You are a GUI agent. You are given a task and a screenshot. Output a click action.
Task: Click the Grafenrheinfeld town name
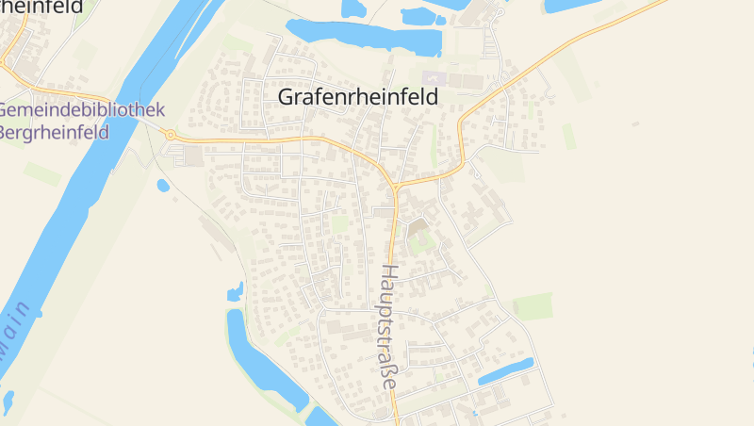[x=358, y=96]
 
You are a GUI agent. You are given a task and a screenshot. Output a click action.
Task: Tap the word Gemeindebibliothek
[x=81, y=110]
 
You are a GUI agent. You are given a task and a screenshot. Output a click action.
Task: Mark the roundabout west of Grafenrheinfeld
[x=171, y=136]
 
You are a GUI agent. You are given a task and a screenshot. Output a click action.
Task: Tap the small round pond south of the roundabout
[x=163, y=186]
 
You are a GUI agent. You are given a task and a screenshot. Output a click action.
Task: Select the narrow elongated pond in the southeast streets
[x=505, y=371]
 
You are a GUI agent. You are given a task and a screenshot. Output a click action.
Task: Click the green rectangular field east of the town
[x=533, y=306]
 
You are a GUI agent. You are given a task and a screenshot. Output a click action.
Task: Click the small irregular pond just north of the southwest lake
[x=235, y=292]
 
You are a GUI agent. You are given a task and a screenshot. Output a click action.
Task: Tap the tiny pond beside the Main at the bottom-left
[x=8, y=401]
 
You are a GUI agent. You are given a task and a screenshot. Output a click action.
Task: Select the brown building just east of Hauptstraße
[x=417, y=227]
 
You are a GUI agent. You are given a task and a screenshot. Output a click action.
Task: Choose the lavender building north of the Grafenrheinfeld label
[x=433, y=77]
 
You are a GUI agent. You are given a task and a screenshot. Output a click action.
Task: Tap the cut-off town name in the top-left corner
[x=42, y=8]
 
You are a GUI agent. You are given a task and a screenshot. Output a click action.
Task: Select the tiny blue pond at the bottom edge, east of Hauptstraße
[x=474, y=414]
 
